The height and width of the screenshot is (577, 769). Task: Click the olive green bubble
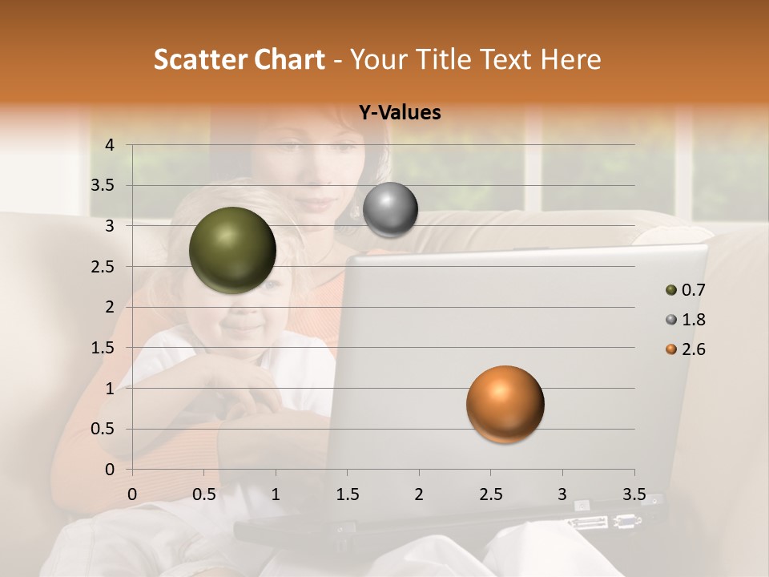(232, 250)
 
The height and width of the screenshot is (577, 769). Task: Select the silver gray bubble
(390, 210)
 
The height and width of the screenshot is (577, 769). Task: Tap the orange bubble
(505, 404)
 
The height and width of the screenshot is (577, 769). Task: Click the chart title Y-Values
(399, 113)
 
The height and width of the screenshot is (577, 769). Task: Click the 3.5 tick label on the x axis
(634, 494)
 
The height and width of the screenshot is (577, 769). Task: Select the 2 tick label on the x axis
(419, 494)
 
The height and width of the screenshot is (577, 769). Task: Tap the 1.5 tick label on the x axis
(347, 494)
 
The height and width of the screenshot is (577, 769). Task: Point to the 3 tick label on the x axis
(562, 494)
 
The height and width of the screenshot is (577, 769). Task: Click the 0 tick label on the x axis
(132, 494)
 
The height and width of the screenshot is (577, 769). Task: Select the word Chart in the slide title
(287, 59)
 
